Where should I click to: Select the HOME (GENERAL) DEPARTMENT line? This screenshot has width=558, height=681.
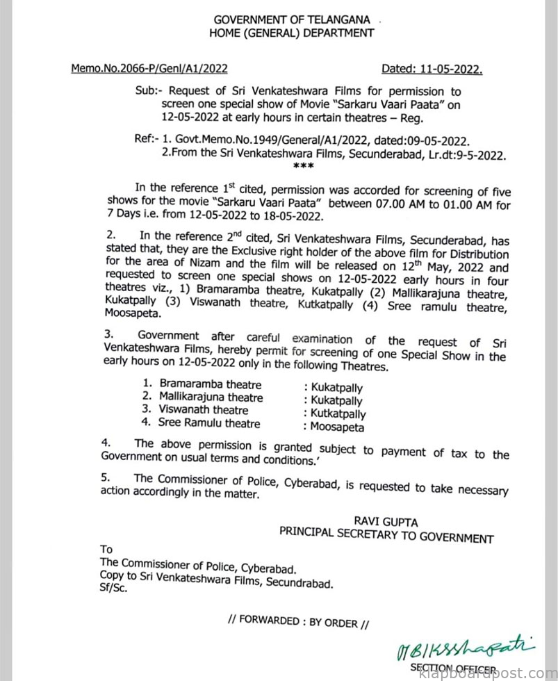point(291,33)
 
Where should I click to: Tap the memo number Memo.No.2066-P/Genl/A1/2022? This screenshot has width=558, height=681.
point(149,68)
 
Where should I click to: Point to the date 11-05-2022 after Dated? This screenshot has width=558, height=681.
point(449,68)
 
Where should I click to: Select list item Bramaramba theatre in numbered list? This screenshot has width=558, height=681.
point(201,383)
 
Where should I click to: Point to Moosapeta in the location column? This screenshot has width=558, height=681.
point(338,427)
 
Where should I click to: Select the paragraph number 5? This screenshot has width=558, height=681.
point(104,477)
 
